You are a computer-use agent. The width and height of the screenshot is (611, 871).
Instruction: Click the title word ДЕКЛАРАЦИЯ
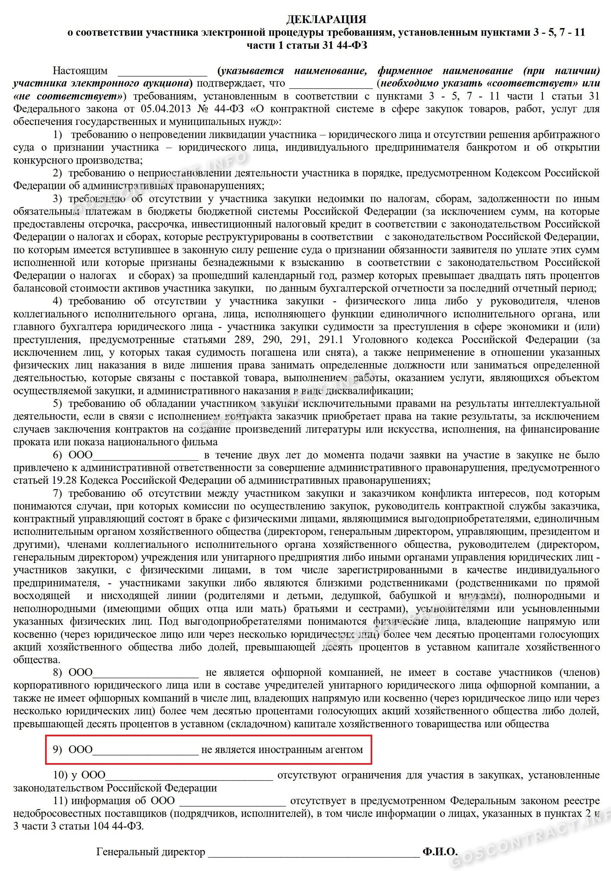pyautogui.click(x=326, y=19)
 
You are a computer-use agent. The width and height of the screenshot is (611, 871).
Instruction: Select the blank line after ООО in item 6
pyautogui.click(x=146, y=456)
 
